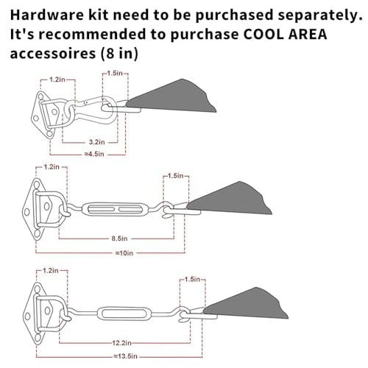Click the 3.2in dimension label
96,142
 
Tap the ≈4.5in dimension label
94,154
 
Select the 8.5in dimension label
119,238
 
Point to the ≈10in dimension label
124,253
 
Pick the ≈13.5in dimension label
125,356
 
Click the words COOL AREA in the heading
285,34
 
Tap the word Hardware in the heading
47,15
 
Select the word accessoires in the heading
53,53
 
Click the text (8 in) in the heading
119,54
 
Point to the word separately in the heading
320,15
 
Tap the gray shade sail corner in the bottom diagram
246,303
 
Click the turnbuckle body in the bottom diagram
124,314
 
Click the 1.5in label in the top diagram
115,73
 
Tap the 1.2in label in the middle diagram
52,167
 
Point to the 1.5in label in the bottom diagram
192,279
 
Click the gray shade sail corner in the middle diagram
230,198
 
